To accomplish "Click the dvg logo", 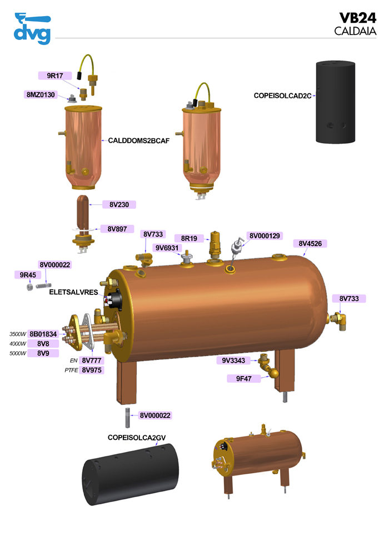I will (32, 28).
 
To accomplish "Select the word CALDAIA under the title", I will (355, 31).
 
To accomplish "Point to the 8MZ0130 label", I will (41, 94).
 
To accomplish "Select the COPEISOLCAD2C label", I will (282, 96).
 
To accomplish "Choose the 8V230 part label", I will (119, 204).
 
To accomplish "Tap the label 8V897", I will (118, 229).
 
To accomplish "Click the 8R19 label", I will (189, 238).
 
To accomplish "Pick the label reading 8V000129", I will (265, 236).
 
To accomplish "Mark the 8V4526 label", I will (313, 243).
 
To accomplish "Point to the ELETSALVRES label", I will (73, 292).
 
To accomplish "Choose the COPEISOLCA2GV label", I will (136, 438).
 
